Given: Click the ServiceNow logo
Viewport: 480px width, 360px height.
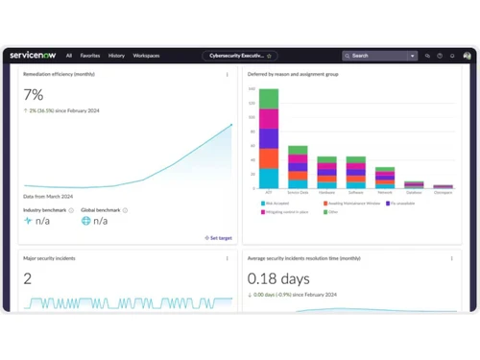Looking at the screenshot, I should pyautogui.click(x=33, y=56).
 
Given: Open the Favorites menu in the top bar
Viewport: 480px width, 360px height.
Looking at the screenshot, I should pyautogui.click(x=89, y=56).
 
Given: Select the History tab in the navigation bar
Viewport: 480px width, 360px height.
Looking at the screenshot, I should pyautogui.click(x=116, y=56).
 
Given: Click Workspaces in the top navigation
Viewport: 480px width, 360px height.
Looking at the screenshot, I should pyautogui.click(x=147, y=56).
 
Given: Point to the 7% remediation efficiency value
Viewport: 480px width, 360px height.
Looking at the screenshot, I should pyautogui.click(x=34, y=95).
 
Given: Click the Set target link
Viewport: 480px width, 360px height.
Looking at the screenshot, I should pyautogui.click(x=219, y=237).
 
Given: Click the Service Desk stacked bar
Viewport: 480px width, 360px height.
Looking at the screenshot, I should pyautogui.click(x=298, y=167).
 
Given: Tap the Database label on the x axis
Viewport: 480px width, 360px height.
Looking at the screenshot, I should pyautogui.click(x=414, y=193).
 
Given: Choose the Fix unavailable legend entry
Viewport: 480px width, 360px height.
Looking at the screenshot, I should pyautogui.click(x=402, y=204).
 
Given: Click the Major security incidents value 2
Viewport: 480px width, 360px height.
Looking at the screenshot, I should pyautogui.click(x=28, y=279).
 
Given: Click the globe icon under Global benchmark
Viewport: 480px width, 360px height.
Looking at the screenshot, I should pyautogui.click(x=86, y=221).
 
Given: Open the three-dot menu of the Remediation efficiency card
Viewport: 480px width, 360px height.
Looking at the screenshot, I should pyautogui.click(x=228, y=75).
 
